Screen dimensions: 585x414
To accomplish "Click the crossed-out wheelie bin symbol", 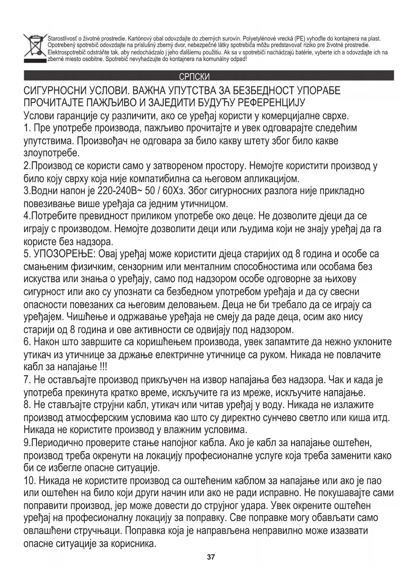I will tap(34, 47).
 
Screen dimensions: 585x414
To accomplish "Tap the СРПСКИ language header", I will tap(194, 77).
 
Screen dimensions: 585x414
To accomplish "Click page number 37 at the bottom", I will tap(211, 557).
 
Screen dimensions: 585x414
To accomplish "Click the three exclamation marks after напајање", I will tap(103, 367).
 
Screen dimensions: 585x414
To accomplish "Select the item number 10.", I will tap(29, 481).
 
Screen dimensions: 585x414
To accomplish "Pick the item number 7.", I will tap(27, 380).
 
